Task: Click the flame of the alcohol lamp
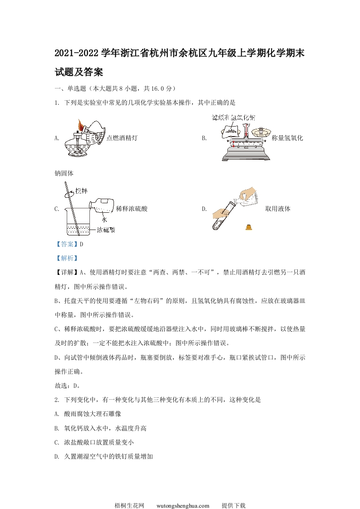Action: [81, 124]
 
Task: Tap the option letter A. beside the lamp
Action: [57, 138]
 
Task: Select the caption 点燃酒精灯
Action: [122, 138]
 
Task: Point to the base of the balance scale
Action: [245, 155]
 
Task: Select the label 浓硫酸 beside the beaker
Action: [106, 230]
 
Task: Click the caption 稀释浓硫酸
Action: [132, 209]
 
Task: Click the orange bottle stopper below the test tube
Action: [249, 227]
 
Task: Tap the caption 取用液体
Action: [278, 209]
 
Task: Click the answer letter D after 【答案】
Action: [81, 244]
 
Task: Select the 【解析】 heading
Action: [66, 258]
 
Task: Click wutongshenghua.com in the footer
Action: [182, 493]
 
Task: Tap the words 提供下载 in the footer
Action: [233, 493]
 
